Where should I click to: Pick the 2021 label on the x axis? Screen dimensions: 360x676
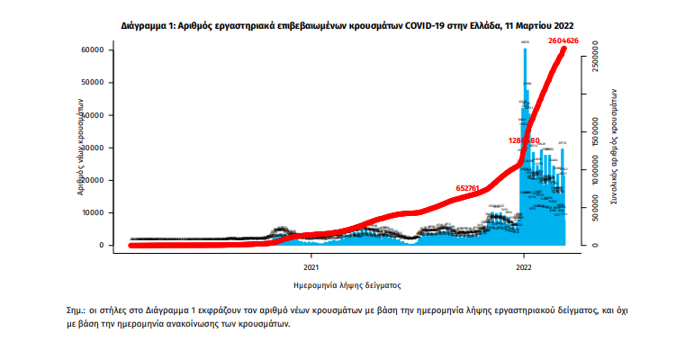[311, 266]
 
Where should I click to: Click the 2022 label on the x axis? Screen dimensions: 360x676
[525, 266]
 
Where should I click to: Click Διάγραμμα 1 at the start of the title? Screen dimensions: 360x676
[147, 26]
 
